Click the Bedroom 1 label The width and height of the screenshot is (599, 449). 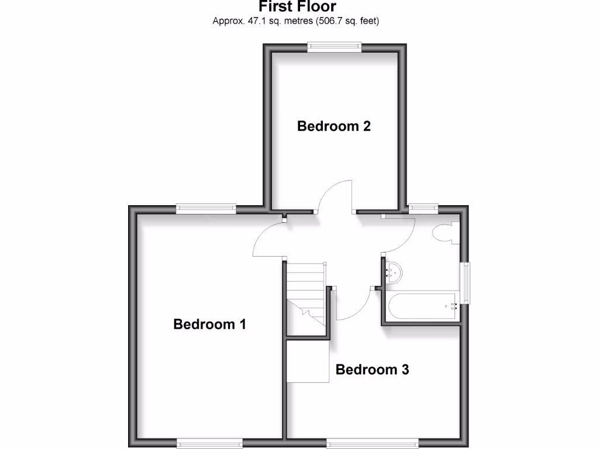point(209,324)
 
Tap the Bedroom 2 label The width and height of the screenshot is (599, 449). point(334,126)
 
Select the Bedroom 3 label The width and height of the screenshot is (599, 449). point(372,369)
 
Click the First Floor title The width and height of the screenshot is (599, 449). point(298,7)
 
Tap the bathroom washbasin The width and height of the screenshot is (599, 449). point(393,272)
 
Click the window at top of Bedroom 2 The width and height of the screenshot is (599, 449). point(335,47)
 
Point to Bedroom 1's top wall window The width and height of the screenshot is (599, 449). point(206,208)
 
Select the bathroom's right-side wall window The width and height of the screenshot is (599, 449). point(466,283)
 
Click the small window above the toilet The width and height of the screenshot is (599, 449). point(423,208)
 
